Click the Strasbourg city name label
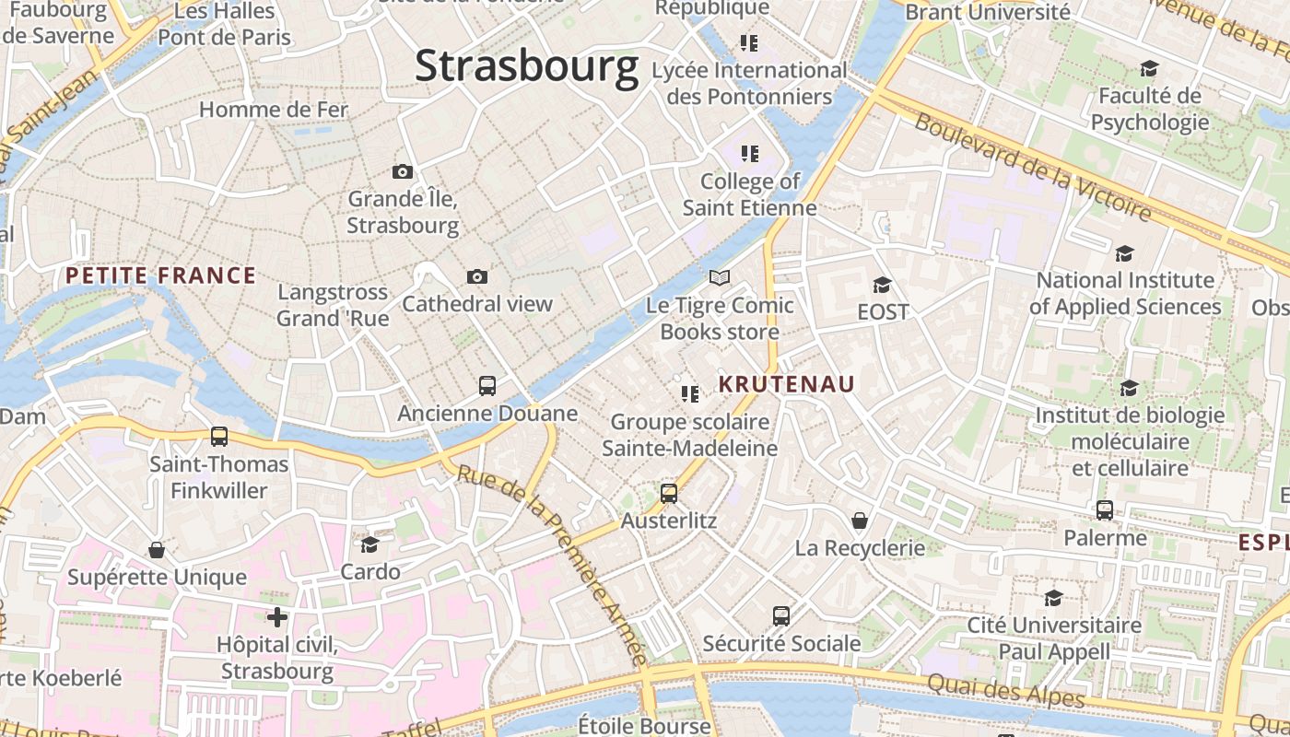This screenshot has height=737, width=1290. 526,66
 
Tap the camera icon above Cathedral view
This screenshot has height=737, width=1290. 476,276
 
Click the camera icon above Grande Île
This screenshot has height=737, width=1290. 402,171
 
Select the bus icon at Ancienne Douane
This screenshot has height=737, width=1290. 487,386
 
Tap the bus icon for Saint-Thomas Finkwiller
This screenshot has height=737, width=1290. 219,437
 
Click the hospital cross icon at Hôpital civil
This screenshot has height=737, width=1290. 277,616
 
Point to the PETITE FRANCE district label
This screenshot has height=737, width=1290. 160,275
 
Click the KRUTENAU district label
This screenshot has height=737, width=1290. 787,384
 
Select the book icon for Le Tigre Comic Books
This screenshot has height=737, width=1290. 720,277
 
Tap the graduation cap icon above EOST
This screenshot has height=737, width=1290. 883,285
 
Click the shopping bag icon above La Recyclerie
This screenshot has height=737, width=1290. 860,521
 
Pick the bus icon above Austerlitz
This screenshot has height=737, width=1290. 669,493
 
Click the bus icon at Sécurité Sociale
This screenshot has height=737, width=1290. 781,615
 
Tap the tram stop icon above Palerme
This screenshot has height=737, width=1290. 1105,509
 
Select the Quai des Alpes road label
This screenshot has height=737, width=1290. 1006,690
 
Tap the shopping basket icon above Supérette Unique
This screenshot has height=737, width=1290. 157,550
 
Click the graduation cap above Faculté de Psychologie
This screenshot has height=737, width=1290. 1149,68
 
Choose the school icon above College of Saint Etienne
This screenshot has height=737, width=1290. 749,153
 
